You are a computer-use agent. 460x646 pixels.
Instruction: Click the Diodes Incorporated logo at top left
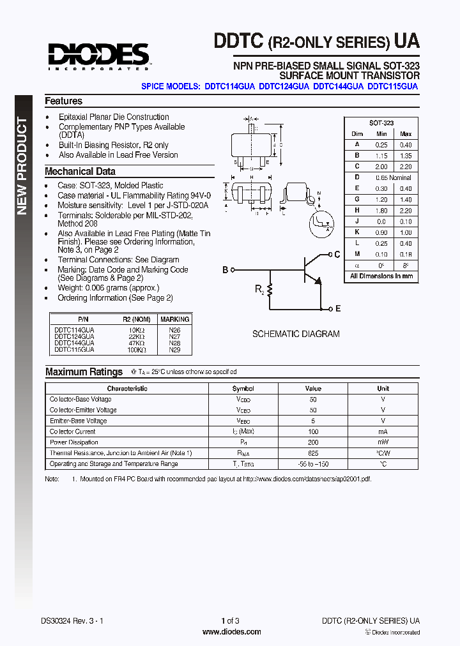click(x=98, y=56)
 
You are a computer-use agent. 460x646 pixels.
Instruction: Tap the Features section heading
click(x=63, y=101)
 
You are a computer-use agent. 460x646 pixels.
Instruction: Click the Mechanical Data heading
click(x=80, y=171)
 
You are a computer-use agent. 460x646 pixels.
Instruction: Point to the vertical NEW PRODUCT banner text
click(x=22, y=166)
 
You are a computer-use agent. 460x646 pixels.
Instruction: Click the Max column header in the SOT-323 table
click(x=405, y=133)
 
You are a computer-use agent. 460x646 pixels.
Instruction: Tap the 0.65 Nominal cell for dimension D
click(x=393, y=177)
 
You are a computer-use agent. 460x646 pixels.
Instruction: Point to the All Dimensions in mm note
click(x=381, y=276)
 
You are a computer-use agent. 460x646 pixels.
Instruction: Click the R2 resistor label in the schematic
click(x=259, y=290)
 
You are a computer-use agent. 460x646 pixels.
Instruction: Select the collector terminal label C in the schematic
click(x=337, y=254)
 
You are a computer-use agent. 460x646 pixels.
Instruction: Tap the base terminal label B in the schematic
click(x=225, y=270)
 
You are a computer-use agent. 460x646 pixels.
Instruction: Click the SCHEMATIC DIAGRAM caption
click(x=296, y=334)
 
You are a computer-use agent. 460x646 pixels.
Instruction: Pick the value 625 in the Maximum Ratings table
click(x=313, y=453)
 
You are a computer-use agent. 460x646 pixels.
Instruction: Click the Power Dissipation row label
click(x=74, y=442)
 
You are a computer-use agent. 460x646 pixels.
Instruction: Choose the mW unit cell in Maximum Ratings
click(x=383, y=442)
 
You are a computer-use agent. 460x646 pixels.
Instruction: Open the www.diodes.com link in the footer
click(x=231, y=632)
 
